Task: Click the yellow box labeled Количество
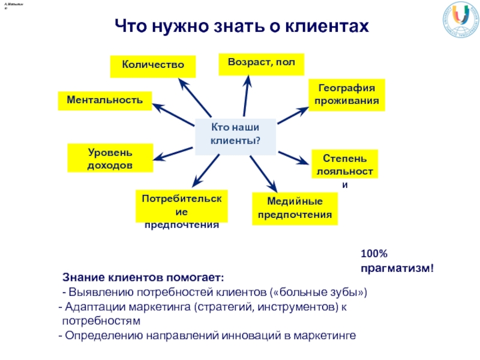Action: pyautogui.click(x=153, y=66)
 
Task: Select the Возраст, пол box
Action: pyautogui.click(x=262, y=63)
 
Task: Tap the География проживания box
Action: pyautogui.click(x=346, y=94)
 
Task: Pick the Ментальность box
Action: pyautogui.click(x=104, y=100)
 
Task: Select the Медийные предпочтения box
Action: pyautogui.click(x=295, y=208)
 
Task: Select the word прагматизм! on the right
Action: pyautogui.click(x=397, y=268)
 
